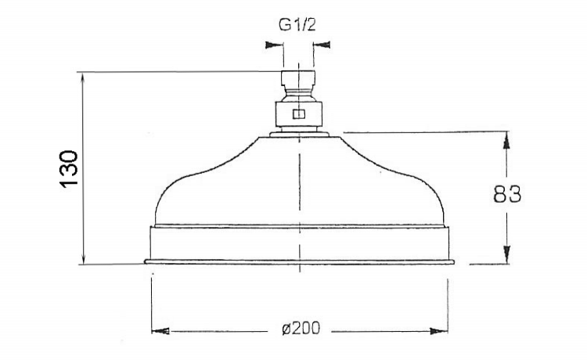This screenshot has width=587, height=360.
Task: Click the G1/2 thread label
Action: point(297,25)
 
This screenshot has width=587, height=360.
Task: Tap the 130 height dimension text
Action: point(69,168)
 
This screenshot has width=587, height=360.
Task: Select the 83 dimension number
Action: point(507,194)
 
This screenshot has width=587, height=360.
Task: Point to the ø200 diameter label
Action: point(301,329)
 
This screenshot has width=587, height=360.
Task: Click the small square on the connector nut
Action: point(299,114)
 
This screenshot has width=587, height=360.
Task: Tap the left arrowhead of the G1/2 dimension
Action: point(274,45)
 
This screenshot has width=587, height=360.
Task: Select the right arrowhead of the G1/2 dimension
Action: point(322,45)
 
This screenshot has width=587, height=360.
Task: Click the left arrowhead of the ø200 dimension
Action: point(160,331)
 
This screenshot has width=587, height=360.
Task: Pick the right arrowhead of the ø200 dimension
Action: point(439,331)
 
